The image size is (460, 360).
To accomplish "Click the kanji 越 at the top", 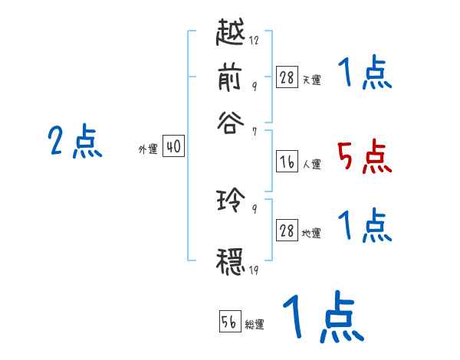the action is pyautogui.click(x=232, y=34).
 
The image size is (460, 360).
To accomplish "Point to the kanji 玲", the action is pyautogui.click(x=232, y=201).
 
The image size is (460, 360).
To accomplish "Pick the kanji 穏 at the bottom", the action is pyautogui.click(x=232, y=260).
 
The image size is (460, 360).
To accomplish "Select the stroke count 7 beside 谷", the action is pyautogui.click(x=254, y=133).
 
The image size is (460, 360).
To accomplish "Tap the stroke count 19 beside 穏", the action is pyautogui.click(x=254, y=270).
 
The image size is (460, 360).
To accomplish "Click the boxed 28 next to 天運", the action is pyautogui.click(x=287, y=77).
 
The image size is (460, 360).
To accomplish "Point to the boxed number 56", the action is pyautogui.click(x=229, y=322).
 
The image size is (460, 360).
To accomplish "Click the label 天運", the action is pyautogui.click(x=311, y=80).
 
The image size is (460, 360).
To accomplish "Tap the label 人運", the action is pyautogui.click(x=311, y=163).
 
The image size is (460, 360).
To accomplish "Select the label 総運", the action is pyautogui.click(x=255, y=325).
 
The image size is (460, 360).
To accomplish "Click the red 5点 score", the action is pyautogui.click(x=364, y=157).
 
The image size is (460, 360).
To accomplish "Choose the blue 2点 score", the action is pyautogui.click(x=75, y=142).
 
